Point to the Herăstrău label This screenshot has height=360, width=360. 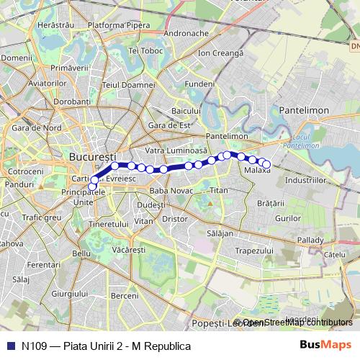(55, 24)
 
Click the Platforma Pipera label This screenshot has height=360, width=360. (119, 24)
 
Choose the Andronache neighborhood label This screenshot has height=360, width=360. (186, 33)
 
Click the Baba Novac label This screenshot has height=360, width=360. (169, 191)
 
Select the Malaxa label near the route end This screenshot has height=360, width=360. (257, 171)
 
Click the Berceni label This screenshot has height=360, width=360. (125, 296)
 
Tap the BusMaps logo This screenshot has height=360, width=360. (325, 346)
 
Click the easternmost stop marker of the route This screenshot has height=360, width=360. (266, 164)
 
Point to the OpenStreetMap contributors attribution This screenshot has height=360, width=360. (297, 323)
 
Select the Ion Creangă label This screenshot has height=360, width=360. (221, 53)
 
